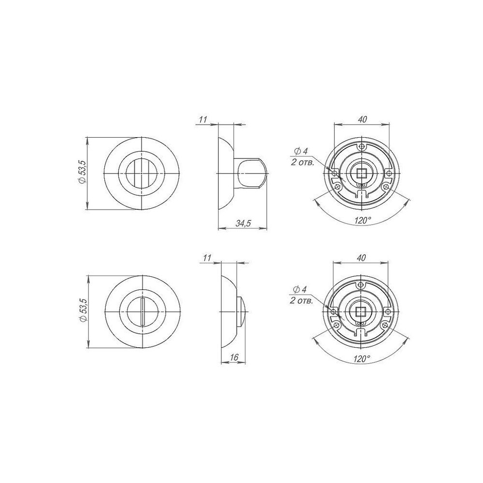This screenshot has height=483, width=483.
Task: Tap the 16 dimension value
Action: coord(234,357)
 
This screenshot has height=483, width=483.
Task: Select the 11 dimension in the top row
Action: coord(203,119)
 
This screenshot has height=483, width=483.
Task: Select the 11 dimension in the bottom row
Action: coord(208,257)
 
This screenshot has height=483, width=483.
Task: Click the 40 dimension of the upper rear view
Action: coord(363,119)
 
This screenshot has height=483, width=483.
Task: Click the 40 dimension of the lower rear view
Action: coord(361,257)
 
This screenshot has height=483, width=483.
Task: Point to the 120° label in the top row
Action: coord(363,221)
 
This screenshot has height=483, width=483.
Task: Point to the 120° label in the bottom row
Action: coord(362,359)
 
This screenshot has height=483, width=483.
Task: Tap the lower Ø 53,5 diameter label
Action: coord(83,311)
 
